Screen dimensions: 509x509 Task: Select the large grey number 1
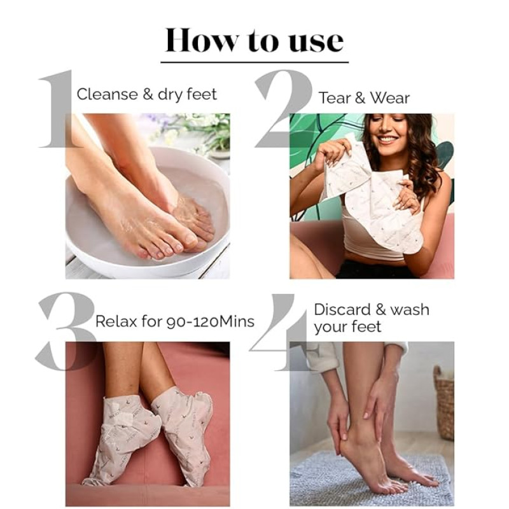[59, 108]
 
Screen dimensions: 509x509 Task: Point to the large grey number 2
[283, 108]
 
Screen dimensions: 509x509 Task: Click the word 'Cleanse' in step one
[108, 94]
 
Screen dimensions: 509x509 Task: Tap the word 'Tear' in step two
[335, 98]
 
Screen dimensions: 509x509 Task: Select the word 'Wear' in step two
[389, 98]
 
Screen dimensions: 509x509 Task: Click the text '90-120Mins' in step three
[211, 322]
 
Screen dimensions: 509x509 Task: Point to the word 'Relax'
[116, 321]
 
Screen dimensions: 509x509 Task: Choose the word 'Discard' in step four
[342, 309]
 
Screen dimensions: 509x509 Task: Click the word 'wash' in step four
[409, 309]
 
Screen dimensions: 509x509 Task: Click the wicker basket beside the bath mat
[444, 402]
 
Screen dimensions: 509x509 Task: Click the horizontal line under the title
[254, 62]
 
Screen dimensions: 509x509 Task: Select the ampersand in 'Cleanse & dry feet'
[148, 94]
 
